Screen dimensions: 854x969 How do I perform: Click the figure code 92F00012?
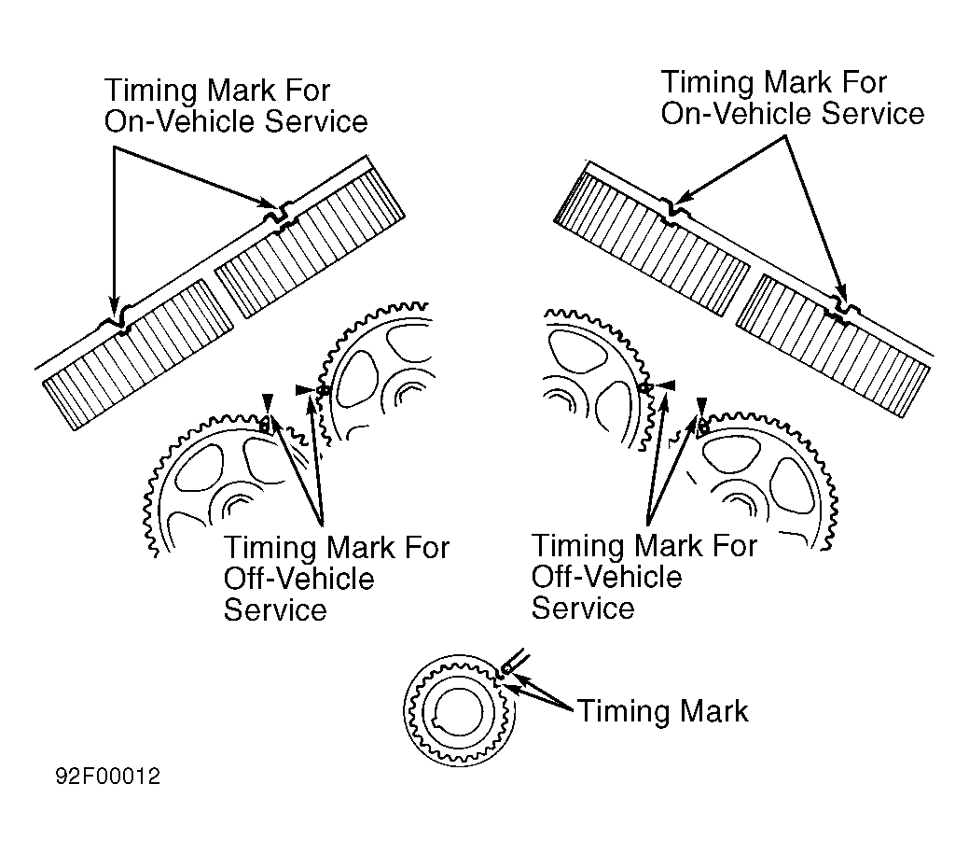(x=105, y=777)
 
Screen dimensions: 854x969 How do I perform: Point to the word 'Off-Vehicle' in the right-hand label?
(x=606, y=576)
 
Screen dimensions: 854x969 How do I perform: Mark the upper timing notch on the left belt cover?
(x=280, y=214)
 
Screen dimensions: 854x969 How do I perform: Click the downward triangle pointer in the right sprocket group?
(x=701, y=406)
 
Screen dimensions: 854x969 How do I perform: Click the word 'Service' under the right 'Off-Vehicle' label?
(x=583, y=608)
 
